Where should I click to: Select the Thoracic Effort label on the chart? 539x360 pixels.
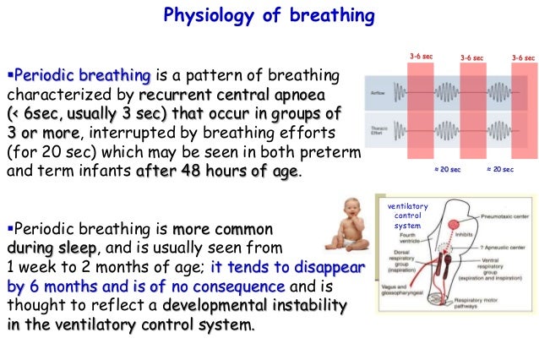coord(377,130)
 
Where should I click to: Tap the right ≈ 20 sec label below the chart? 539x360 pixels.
coord(499,171)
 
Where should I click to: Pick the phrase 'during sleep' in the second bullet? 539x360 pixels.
coord(52,248)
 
